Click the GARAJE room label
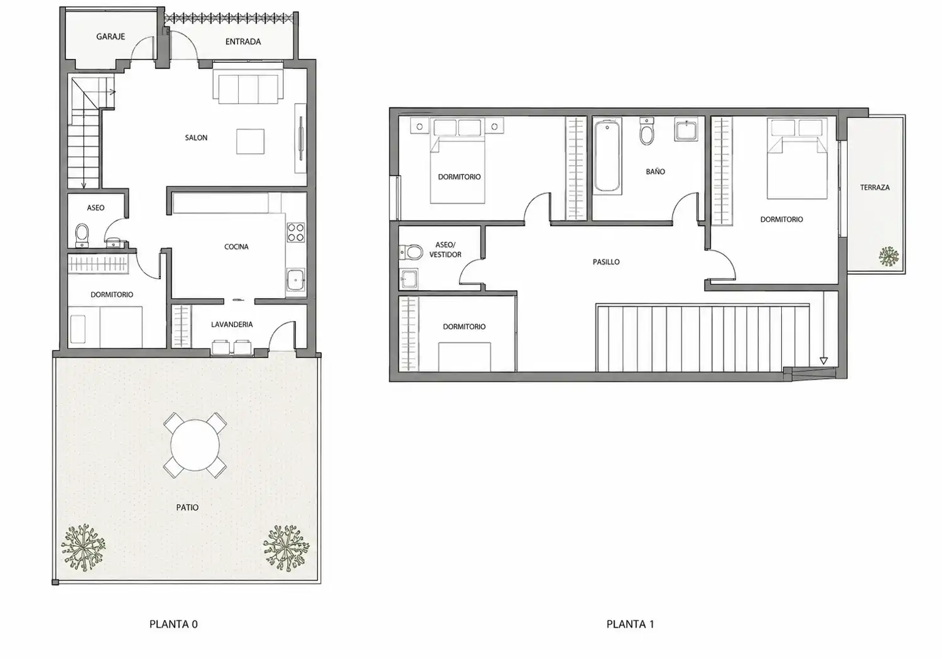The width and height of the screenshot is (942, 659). (x=111, y=36)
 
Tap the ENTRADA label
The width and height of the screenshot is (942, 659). (x=243, y=41)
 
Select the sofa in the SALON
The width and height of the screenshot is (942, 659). (x=248, y=85)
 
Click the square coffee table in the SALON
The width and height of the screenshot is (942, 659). (x=250, y=142)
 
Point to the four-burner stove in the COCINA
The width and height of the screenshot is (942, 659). (x=296, y=232)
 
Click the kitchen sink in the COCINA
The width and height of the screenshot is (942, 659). (x=296, y=280)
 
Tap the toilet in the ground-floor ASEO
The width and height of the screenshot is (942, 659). (x=82, y=235)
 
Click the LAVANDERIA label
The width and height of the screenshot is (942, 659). (x=232, y=324)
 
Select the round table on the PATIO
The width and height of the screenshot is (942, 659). (x=195, y=445)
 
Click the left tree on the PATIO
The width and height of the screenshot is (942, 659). (x=83, y=547)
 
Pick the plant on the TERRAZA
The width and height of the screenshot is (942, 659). (x=889, y=256)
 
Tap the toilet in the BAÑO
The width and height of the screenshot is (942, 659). (x=647, y=131)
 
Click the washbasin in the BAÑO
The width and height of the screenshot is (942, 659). (x=686, y=129)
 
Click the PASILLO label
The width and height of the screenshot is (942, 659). (x=606, y=262)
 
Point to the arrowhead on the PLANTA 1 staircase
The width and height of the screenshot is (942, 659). (x=823, y=361)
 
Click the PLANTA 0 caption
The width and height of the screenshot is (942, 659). (x=173, y=624)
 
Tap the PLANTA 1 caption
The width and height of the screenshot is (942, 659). (x=630, y=624)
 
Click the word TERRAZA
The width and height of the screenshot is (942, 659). (x=875, y=188)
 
